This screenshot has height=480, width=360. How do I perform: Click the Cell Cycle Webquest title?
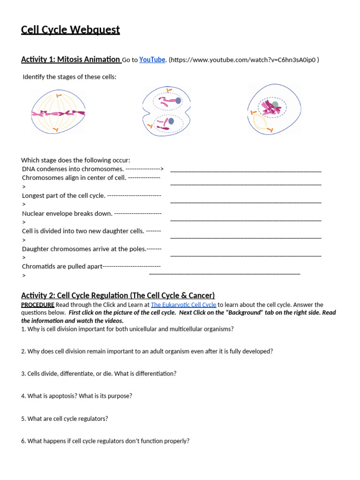pyautogui.click(x=70, y=30)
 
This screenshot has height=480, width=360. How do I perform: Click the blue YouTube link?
pyautogui.click(x=152, y=60)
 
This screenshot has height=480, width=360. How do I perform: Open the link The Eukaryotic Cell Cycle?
pyautogui.click(x=183, y=305)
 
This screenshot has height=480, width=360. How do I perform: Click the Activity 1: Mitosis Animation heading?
pyautogui.click(x=70, y=60)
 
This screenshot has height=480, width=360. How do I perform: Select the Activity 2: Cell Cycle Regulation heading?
pyautogui.click(x=118, y=295)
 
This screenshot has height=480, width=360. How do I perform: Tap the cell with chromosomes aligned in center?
pyautogui.click(x=59, y=112)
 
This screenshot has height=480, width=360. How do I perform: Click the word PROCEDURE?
pyautogui.click(x=37, y=305)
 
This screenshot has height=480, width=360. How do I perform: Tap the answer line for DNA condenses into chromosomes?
pyautogui.click(x=246, y=171)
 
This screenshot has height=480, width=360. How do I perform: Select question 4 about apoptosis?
pyautogui.click(x=76, y=396)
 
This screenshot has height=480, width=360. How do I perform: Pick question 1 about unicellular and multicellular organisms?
pyautogui.click(x=127, y=329)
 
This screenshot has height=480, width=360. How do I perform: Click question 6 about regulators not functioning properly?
pyautogui.click(x=105, y=441)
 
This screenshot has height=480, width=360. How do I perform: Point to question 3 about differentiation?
pyautogui.click(x=98, y=374)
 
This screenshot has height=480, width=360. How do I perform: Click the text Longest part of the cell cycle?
pyautogui.click(x=64, y=195)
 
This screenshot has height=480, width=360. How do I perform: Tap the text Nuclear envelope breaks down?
pyautogui.click(x=67, y=213)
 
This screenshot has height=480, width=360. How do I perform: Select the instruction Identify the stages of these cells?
pyautogui.click(x=69, y=77)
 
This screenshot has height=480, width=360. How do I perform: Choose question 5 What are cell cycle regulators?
pyautogui.click(x=64, y=419)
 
